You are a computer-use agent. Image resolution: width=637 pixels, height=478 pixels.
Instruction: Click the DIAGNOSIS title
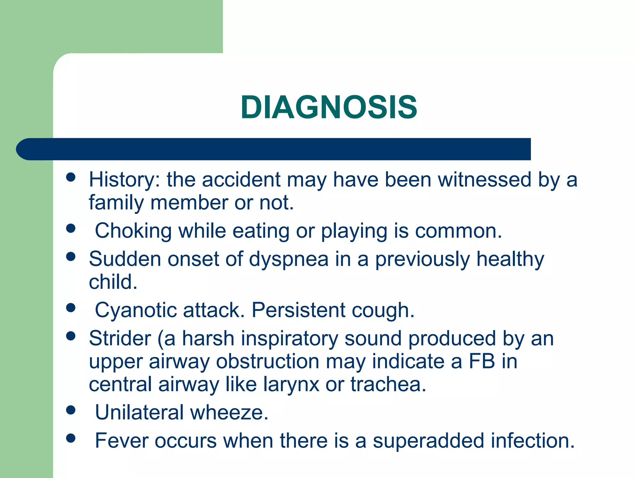[x=329, y=107]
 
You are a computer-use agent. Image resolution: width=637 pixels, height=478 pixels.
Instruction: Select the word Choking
[x=133, y=231]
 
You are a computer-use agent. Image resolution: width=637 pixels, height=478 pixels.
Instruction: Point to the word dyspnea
[x=289, y=259]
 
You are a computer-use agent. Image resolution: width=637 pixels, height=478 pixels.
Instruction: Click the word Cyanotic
[x=136, y=310]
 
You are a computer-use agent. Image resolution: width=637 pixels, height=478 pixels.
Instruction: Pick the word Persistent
[x=298, y=310]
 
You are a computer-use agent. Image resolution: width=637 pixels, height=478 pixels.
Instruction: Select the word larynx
[x=291, y=384]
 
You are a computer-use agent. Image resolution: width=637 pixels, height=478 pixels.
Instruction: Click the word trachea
[x=388, y=384]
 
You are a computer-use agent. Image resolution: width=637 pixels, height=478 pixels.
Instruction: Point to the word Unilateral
[x=139, y=413]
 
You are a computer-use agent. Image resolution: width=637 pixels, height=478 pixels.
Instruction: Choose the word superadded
[x=428, y=441]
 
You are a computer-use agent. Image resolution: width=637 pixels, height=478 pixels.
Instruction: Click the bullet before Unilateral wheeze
[x=71, y=410]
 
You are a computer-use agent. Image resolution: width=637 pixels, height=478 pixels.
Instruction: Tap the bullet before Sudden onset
[x=71, y=257]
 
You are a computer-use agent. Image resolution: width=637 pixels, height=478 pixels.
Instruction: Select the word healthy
[x=510, y=259]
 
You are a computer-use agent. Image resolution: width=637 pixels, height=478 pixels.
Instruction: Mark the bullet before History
[x=71, y=177]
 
